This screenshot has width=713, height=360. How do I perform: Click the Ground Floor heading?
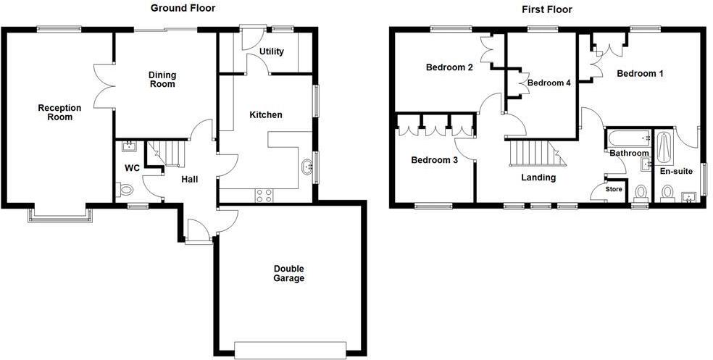183,9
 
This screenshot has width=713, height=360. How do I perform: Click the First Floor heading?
546,9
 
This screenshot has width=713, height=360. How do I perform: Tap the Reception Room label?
59,112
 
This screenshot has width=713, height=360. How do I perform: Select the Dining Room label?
162,79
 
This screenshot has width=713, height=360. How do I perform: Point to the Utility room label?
271,52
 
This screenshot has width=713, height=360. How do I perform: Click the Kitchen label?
266,114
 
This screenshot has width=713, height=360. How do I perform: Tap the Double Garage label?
289,273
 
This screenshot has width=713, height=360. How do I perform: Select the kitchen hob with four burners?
263,195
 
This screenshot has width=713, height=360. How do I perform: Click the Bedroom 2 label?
449,68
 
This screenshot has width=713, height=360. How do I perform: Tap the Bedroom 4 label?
549,83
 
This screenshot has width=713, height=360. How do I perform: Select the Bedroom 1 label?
640,73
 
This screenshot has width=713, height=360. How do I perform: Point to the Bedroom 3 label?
434,160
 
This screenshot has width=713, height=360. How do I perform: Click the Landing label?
538,177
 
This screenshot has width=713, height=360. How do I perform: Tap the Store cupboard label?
614,190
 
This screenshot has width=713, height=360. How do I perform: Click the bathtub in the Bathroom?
627,138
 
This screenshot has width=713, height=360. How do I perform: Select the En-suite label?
675,172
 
